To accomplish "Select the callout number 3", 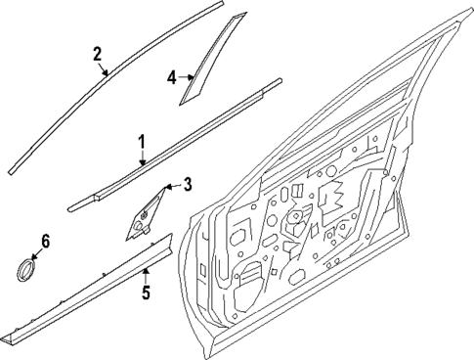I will click(188, 183).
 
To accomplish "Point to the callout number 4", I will click(172, 75).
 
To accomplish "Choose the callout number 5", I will click(146, 291).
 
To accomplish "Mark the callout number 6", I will click(45, 241).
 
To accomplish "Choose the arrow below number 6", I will click(40, 253).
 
